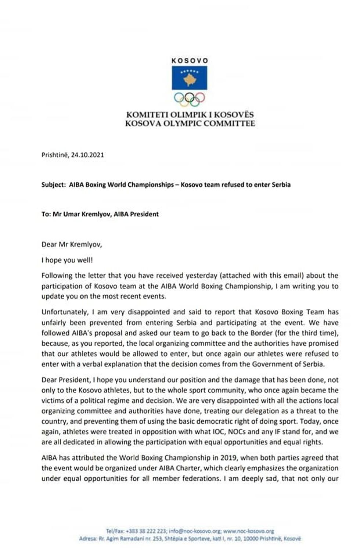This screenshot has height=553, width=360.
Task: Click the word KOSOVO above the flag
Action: point(190,61)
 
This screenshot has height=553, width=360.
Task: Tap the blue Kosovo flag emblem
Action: point(190,78)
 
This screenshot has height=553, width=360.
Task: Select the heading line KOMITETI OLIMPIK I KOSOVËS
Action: point(190,115)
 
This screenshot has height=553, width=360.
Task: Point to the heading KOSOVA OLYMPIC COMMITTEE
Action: point(190,123)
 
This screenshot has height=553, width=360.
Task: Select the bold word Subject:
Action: point(53,184)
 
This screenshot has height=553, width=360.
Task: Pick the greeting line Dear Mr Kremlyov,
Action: point(72,244)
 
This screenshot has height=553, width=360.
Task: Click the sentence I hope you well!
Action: point(67,260)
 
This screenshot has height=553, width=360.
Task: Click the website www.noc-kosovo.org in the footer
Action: point(249,531)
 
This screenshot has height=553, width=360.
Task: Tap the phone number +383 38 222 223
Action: point(146,531)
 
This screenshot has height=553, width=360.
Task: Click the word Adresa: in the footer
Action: point(87,539)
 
